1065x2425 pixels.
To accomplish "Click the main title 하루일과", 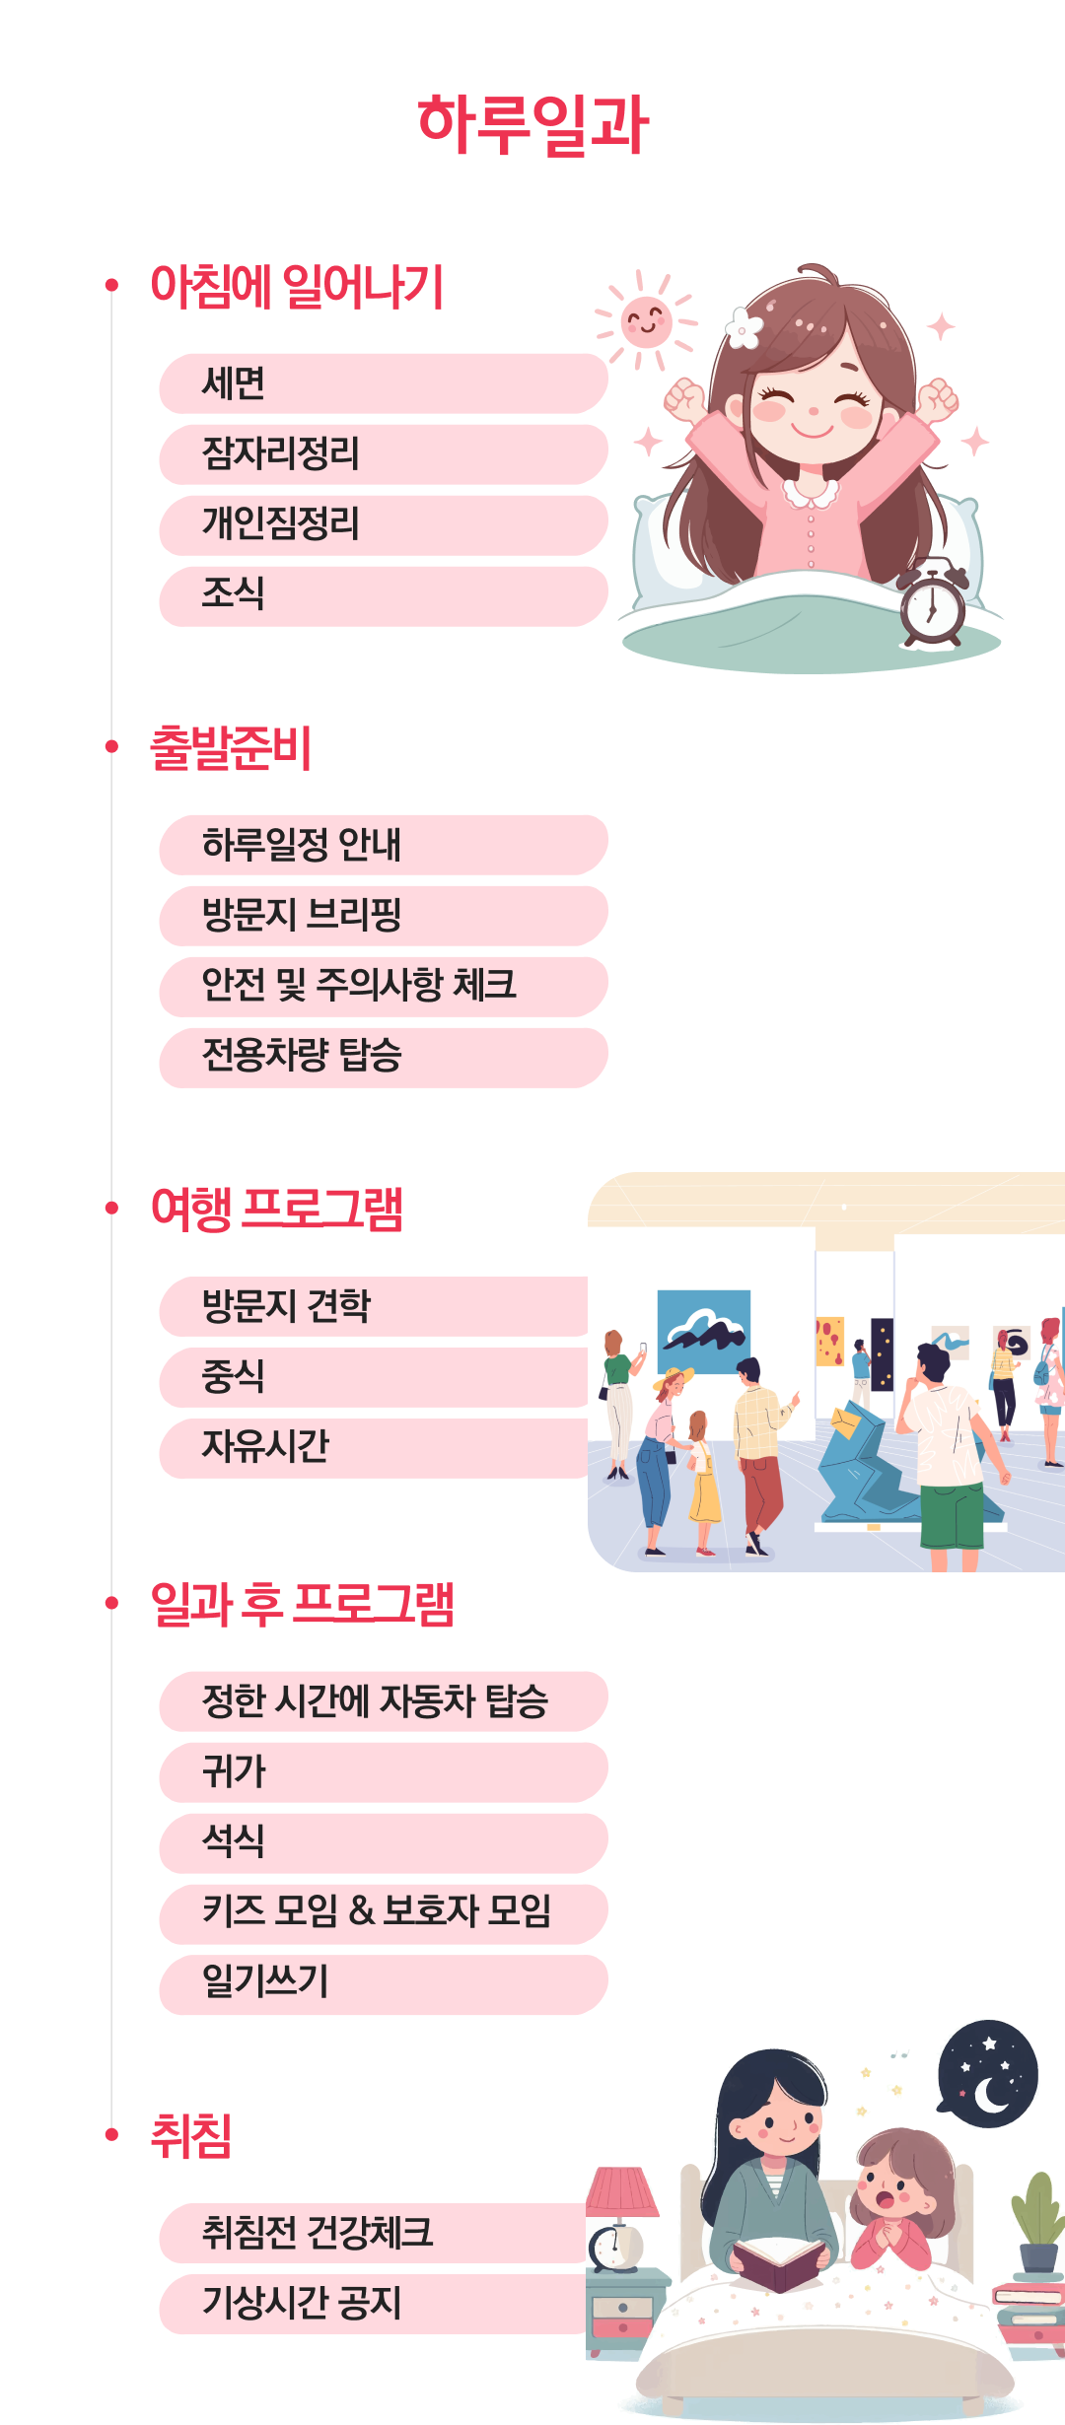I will click(532, 125).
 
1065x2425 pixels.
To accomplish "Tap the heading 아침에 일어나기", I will click(297, 287).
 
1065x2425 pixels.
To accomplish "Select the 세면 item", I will click(383, 383).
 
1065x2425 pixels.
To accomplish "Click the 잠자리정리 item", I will click(383, 454).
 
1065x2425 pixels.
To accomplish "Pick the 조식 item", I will click(383, 595).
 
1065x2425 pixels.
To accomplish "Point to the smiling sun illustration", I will click(646, 321).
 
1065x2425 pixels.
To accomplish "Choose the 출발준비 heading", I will click(231, 748).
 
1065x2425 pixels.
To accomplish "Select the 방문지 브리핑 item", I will click(383, 916).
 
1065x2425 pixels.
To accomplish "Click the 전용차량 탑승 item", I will click(383, 1058).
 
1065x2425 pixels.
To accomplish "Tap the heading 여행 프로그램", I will click(277, 1210).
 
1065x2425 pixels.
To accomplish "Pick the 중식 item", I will click(375, 1377).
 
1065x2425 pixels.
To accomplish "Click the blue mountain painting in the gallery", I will click(704, 1332).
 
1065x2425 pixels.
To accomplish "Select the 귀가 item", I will click(383, 1772).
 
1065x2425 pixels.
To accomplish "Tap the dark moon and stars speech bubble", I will click(988, 2073).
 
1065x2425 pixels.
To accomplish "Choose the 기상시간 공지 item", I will click(375, 2304).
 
